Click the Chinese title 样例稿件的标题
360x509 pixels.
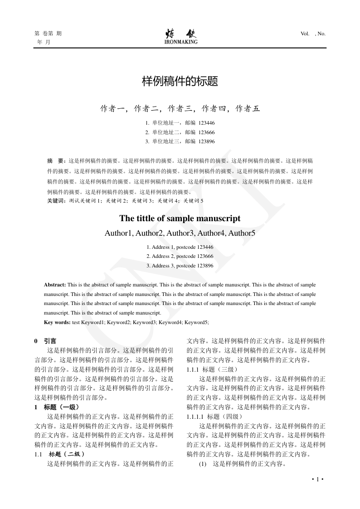pos(180,82)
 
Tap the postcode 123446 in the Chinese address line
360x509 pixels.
pos(206,123)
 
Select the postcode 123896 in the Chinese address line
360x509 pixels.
pos(206,141)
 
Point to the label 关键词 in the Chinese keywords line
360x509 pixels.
pos(56,200)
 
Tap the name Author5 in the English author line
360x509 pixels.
pos(242,233)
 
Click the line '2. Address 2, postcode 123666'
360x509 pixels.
pos(180,256)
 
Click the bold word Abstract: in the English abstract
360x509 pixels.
pos(55,285)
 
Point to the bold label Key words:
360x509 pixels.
pos(57,322)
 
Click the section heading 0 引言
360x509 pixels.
pos(45,341)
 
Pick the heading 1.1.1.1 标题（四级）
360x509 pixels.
pos(212,417)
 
